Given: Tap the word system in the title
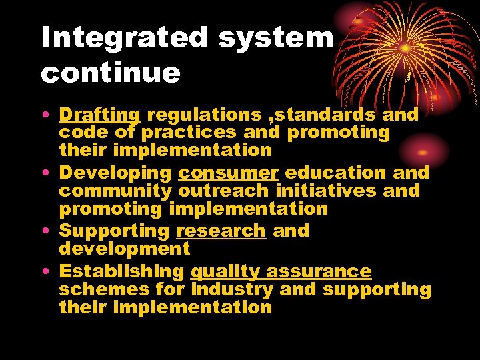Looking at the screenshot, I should click(275, 38).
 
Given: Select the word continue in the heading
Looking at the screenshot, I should click(111, 72).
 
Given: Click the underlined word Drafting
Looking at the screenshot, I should click(99, 115).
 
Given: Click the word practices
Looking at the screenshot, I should click(189, 132).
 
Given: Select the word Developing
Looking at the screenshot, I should click(115, 173).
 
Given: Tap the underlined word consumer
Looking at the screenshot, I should click(228, 173).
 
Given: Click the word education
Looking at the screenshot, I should click(335, 173).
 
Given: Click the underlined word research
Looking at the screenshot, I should click(221, 231).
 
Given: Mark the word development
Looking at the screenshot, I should click(125, 249).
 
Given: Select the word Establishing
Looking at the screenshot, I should click(121, 271).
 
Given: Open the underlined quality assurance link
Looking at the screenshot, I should click(281, 271).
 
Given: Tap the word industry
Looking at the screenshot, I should click(232, 289).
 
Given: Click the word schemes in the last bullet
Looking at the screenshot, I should click(103, 289).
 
